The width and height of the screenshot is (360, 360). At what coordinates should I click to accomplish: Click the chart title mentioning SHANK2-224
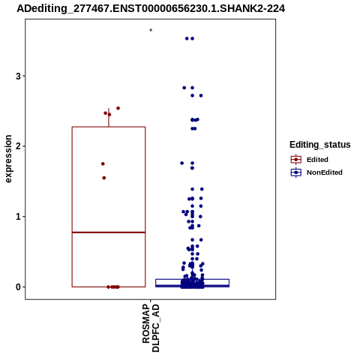[151, 9]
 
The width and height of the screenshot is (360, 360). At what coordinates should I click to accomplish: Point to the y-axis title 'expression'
[8, 159]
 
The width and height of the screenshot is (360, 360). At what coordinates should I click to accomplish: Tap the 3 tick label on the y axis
[18, 76]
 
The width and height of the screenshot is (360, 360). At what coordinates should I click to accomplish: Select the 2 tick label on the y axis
[18, 146]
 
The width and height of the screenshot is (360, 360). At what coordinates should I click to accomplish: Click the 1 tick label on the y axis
[18, 217]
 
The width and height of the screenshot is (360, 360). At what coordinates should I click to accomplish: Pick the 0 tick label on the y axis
[18, 287]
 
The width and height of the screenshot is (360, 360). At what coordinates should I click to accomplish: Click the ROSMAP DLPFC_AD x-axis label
[151, 328]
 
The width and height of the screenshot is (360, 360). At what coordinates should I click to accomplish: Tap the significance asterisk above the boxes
[151, 31]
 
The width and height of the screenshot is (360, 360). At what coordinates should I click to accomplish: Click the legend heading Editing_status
[319, 145]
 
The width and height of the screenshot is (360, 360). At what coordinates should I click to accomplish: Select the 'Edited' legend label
[317, 160]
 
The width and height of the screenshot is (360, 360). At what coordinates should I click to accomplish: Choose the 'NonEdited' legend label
[325, 172]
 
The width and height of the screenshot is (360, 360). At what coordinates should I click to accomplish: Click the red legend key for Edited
[296, 160]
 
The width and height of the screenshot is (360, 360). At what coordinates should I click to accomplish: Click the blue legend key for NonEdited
[296, 172]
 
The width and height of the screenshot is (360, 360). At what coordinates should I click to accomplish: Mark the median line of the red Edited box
[109, 232]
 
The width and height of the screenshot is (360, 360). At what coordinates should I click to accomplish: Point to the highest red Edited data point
[118, 108]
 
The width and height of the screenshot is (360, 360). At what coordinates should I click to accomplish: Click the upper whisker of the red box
[109, 118]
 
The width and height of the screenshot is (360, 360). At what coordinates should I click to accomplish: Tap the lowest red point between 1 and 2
[104, 178]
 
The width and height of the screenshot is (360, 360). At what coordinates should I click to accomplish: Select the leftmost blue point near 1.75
[182, 163]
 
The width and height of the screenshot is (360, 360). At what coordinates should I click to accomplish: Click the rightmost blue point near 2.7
[201, 95]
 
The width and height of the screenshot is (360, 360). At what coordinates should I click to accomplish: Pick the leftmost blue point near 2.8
[184, 88]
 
